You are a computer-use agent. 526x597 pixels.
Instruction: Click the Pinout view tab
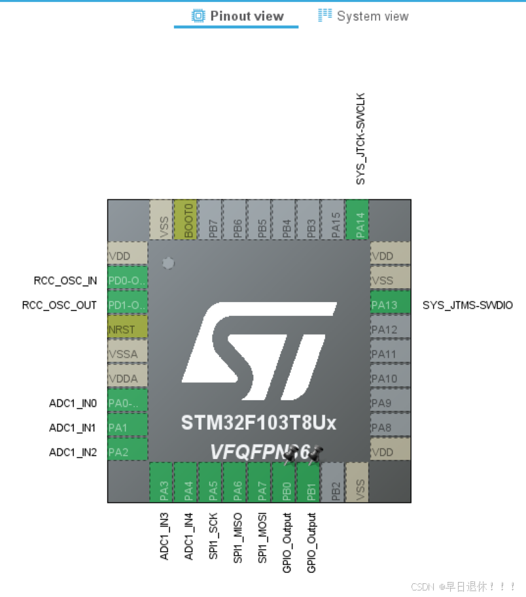(x=238, y=16)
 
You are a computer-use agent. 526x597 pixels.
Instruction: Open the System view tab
(x=364, y=16)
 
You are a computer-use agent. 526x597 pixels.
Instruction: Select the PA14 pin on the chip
(x=359, y=220)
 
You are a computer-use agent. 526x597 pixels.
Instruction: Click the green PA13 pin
(x=390, y=305)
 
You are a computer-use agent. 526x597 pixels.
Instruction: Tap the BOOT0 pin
(x=188, y=220)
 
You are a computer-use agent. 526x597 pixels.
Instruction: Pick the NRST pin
(x=128, y=330)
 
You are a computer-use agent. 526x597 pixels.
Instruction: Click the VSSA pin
(x=128, y=354)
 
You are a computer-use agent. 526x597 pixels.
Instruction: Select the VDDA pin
(x=128, y=379)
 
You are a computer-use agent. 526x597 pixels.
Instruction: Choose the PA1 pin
(x=128, y=428)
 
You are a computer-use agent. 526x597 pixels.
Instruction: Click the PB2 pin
(x=334, y=483)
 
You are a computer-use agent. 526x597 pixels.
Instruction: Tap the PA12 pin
(x=390, y=330)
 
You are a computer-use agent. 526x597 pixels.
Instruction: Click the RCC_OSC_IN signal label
(x=65, y=281)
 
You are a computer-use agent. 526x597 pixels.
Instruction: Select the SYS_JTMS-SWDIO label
(x=467, y=305)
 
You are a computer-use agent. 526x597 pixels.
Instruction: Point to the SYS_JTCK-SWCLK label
(x=360, y=139)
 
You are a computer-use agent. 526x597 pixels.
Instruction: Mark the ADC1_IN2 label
(x=73, y=452)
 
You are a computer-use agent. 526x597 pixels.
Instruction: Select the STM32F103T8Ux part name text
(x=259, y=423)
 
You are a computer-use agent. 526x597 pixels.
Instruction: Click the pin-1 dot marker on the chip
(x=168, y=263)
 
